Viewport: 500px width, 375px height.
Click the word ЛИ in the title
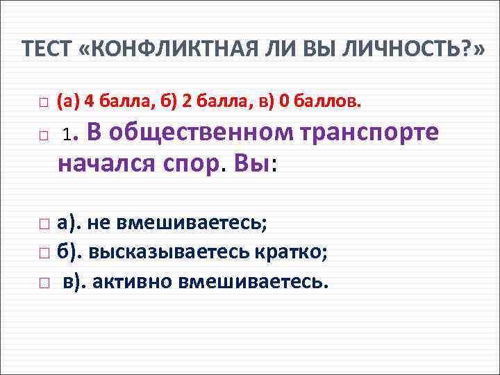click(x=292, y=49)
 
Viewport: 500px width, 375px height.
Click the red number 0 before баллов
click(x=283, y=101)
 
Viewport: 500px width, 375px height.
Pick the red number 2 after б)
click(x=186, y=101)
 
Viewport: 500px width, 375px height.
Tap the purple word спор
click(x=190, y=165)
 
